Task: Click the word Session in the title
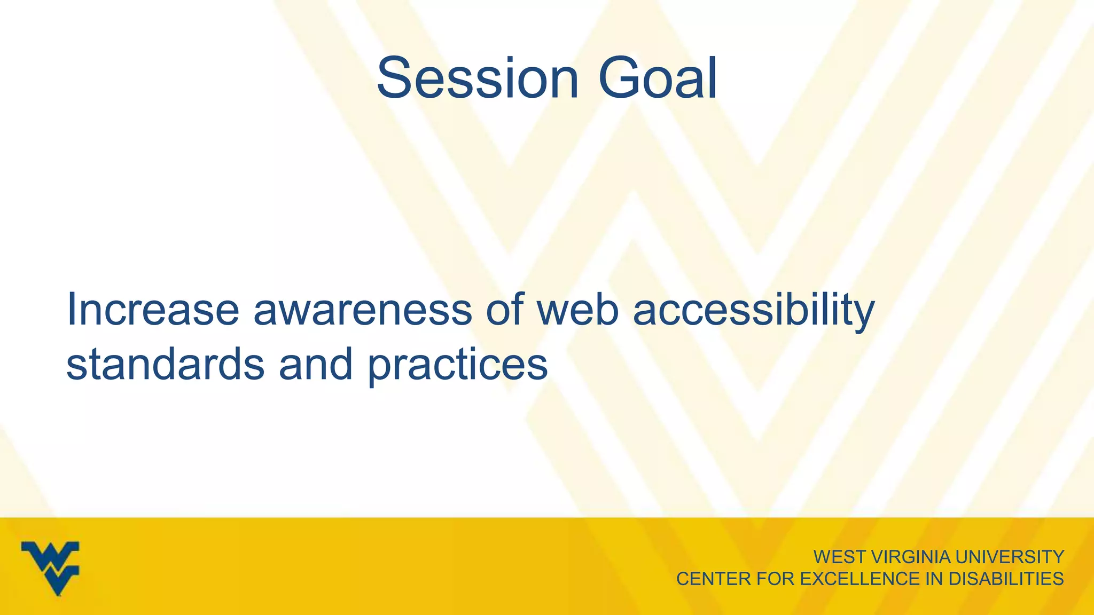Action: (478, 79)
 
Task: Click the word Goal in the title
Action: (658, 79)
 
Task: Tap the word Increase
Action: (152, 310)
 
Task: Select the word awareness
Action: (363, 310)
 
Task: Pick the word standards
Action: (165, 364)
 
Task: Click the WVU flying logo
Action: (51, 567)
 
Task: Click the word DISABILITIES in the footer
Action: (1005, 579)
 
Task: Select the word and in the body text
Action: (316, 364)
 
